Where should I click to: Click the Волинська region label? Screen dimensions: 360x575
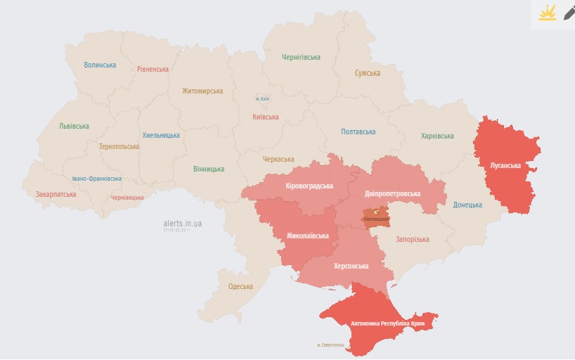point(100,65)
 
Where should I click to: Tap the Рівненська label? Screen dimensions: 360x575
point(153,70)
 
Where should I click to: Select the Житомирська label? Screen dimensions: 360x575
point(202,91)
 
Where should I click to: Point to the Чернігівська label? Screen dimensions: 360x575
point(301,57)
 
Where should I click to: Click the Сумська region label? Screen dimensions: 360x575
point(367,73)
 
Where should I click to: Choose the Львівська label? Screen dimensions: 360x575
point(74,127)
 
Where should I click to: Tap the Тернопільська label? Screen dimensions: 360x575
point(119,147)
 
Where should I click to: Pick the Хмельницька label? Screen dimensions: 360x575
point(161,135)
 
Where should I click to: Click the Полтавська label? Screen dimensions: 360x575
point(358,131)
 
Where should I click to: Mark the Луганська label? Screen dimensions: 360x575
point(505,166)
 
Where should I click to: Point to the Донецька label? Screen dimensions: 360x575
point(467,205)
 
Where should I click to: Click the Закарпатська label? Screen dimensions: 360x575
point(56,193)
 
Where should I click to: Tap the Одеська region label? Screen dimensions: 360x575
point(240,286)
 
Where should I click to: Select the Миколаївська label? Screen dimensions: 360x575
point(308,236)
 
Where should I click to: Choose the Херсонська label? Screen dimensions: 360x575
point(351,266)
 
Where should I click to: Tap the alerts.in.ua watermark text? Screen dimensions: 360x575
point(182,223)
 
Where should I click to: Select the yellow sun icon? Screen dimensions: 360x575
point(547,13)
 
